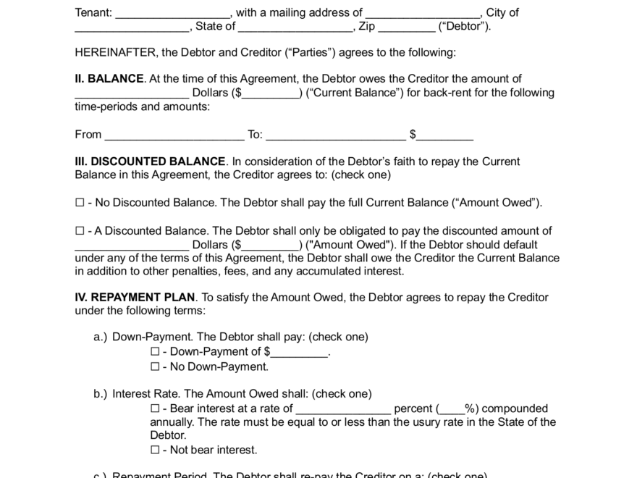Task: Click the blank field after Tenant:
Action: tap(173, 13)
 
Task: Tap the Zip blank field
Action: tap(407, 27)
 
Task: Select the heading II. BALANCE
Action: tap(109, 79)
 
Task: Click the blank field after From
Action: tap(174, 135)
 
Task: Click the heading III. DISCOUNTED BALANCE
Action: tap(151, 162)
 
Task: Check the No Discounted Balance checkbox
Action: tap(80, 204)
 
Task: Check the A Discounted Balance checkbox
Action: tap(80, 231)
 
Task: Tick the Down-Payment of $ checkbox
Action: tap(155, 352)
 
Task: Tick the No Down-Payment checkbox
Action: tap(155, 367)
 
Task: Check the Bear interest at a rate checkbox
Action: tap(155, 408)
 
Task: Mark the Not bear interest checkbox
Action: tap(155, 450)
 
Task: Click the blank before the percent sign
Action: tap(452, 409)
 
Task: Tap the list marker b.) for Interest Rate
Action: tap(101, 394)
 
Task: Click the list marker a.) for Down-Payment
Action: tap(101, 337)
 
